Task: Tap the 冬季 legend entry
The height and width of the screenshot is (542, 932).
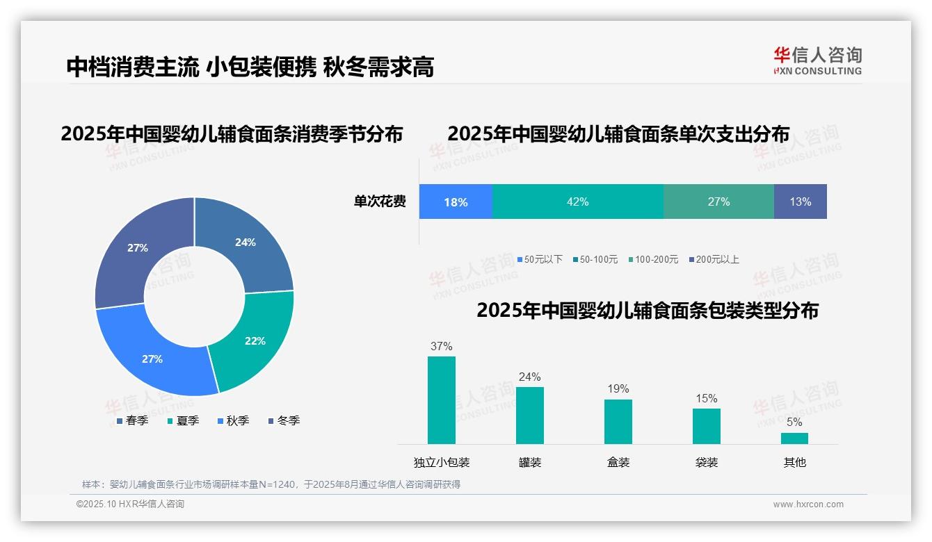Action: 284,420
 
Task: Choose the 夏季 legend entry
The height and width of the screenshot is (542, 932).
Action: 183,420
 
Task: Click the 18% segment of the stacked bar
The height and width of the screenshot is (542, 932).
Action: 456,202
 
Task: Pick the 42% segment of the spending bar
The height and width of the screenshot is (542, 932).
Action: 578,202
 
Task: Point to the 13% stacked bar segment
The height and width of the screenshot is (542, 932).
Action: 800,202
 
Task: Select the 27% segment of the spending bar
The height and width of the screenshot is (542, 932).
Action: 718,202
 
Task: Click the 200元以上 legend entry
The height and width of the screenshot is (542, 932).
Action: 714,259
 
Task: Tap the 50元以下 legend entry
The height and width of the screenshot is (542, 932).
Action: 540,259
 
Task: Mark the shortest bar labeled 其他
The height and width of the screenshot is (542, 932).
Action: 794,438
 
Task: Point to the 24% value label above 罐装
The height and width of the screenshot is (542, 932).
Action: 529,377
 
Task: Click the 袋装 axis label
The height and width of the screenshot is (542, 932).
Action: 707,462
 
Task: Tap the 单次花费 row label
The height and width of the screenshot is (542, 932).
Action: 380,202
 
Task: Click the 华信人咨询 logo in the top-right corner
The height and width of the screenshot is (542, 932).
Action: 817,60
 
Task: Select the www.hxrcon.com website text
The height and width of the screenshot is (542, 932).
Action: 808,504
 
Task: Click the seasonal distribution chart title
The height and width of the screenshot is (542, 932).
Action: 232,134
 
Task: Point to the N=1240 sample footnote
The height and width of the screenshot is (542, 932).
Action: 271,484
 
